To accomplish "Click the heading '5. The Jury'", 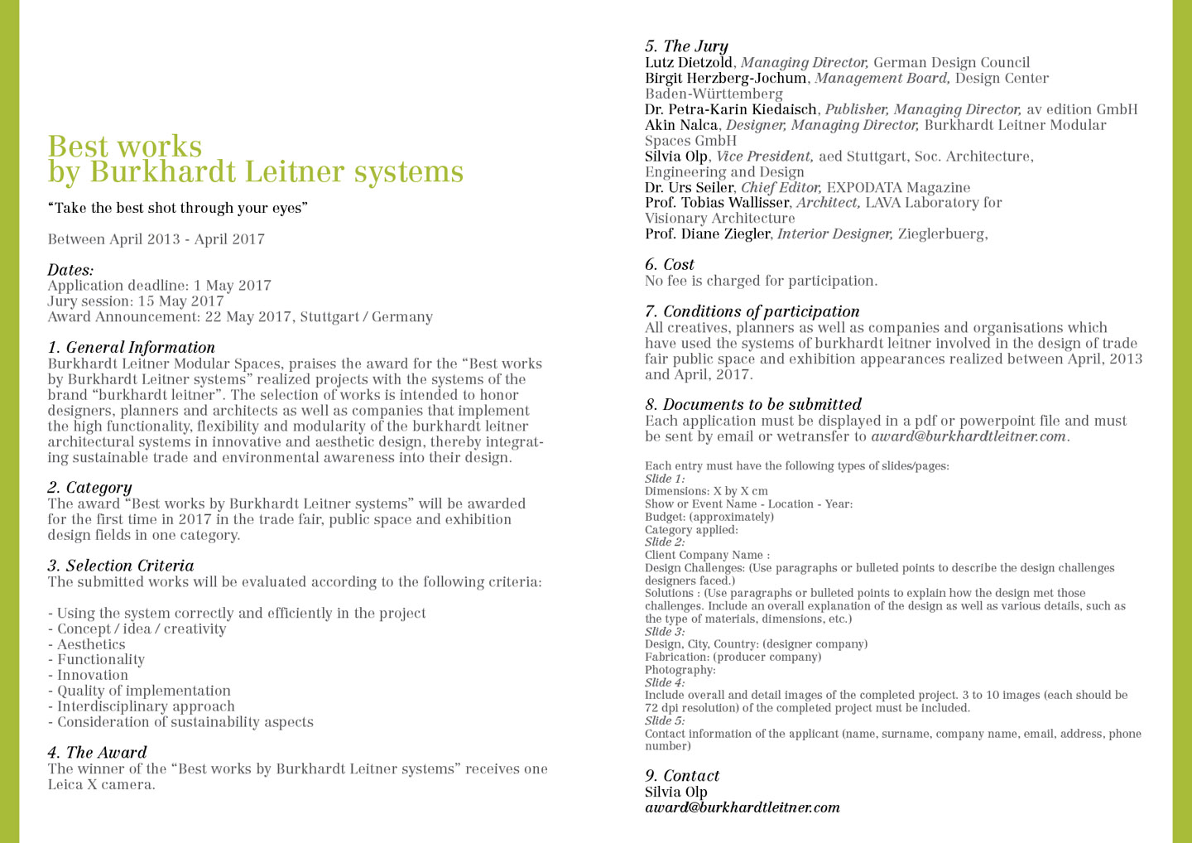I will point(686,46).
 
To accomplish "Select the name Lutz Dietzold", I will point(689,63).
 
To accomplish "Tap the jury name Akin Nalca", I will point(681,125).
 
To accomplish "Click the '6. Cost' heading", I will point(669,265).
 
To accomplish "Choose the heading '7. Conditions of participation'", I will point(752,311).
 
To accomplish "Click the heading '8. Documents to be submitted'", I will point(752,405).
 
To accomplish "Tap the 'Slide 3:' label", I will point(665,632).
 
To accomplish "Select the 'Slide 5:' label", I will point(665,721).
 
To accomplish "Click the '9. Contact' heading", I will point(682,776).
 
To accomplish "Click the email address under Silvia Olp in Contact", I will point(742,807).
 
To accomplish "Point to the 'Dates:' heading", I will point(70,270).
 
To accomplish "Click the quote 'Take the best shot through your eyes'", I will point(177,208).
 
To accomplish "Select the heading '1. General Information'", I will point(131,348).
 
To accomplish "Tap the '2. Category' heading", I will point(89,488).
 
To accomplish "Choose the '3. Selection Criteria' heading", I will point(120,566).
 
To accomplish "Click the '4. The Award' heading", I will point(97,753).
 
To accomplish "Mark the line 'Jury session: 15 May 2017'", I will point(136,301).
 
